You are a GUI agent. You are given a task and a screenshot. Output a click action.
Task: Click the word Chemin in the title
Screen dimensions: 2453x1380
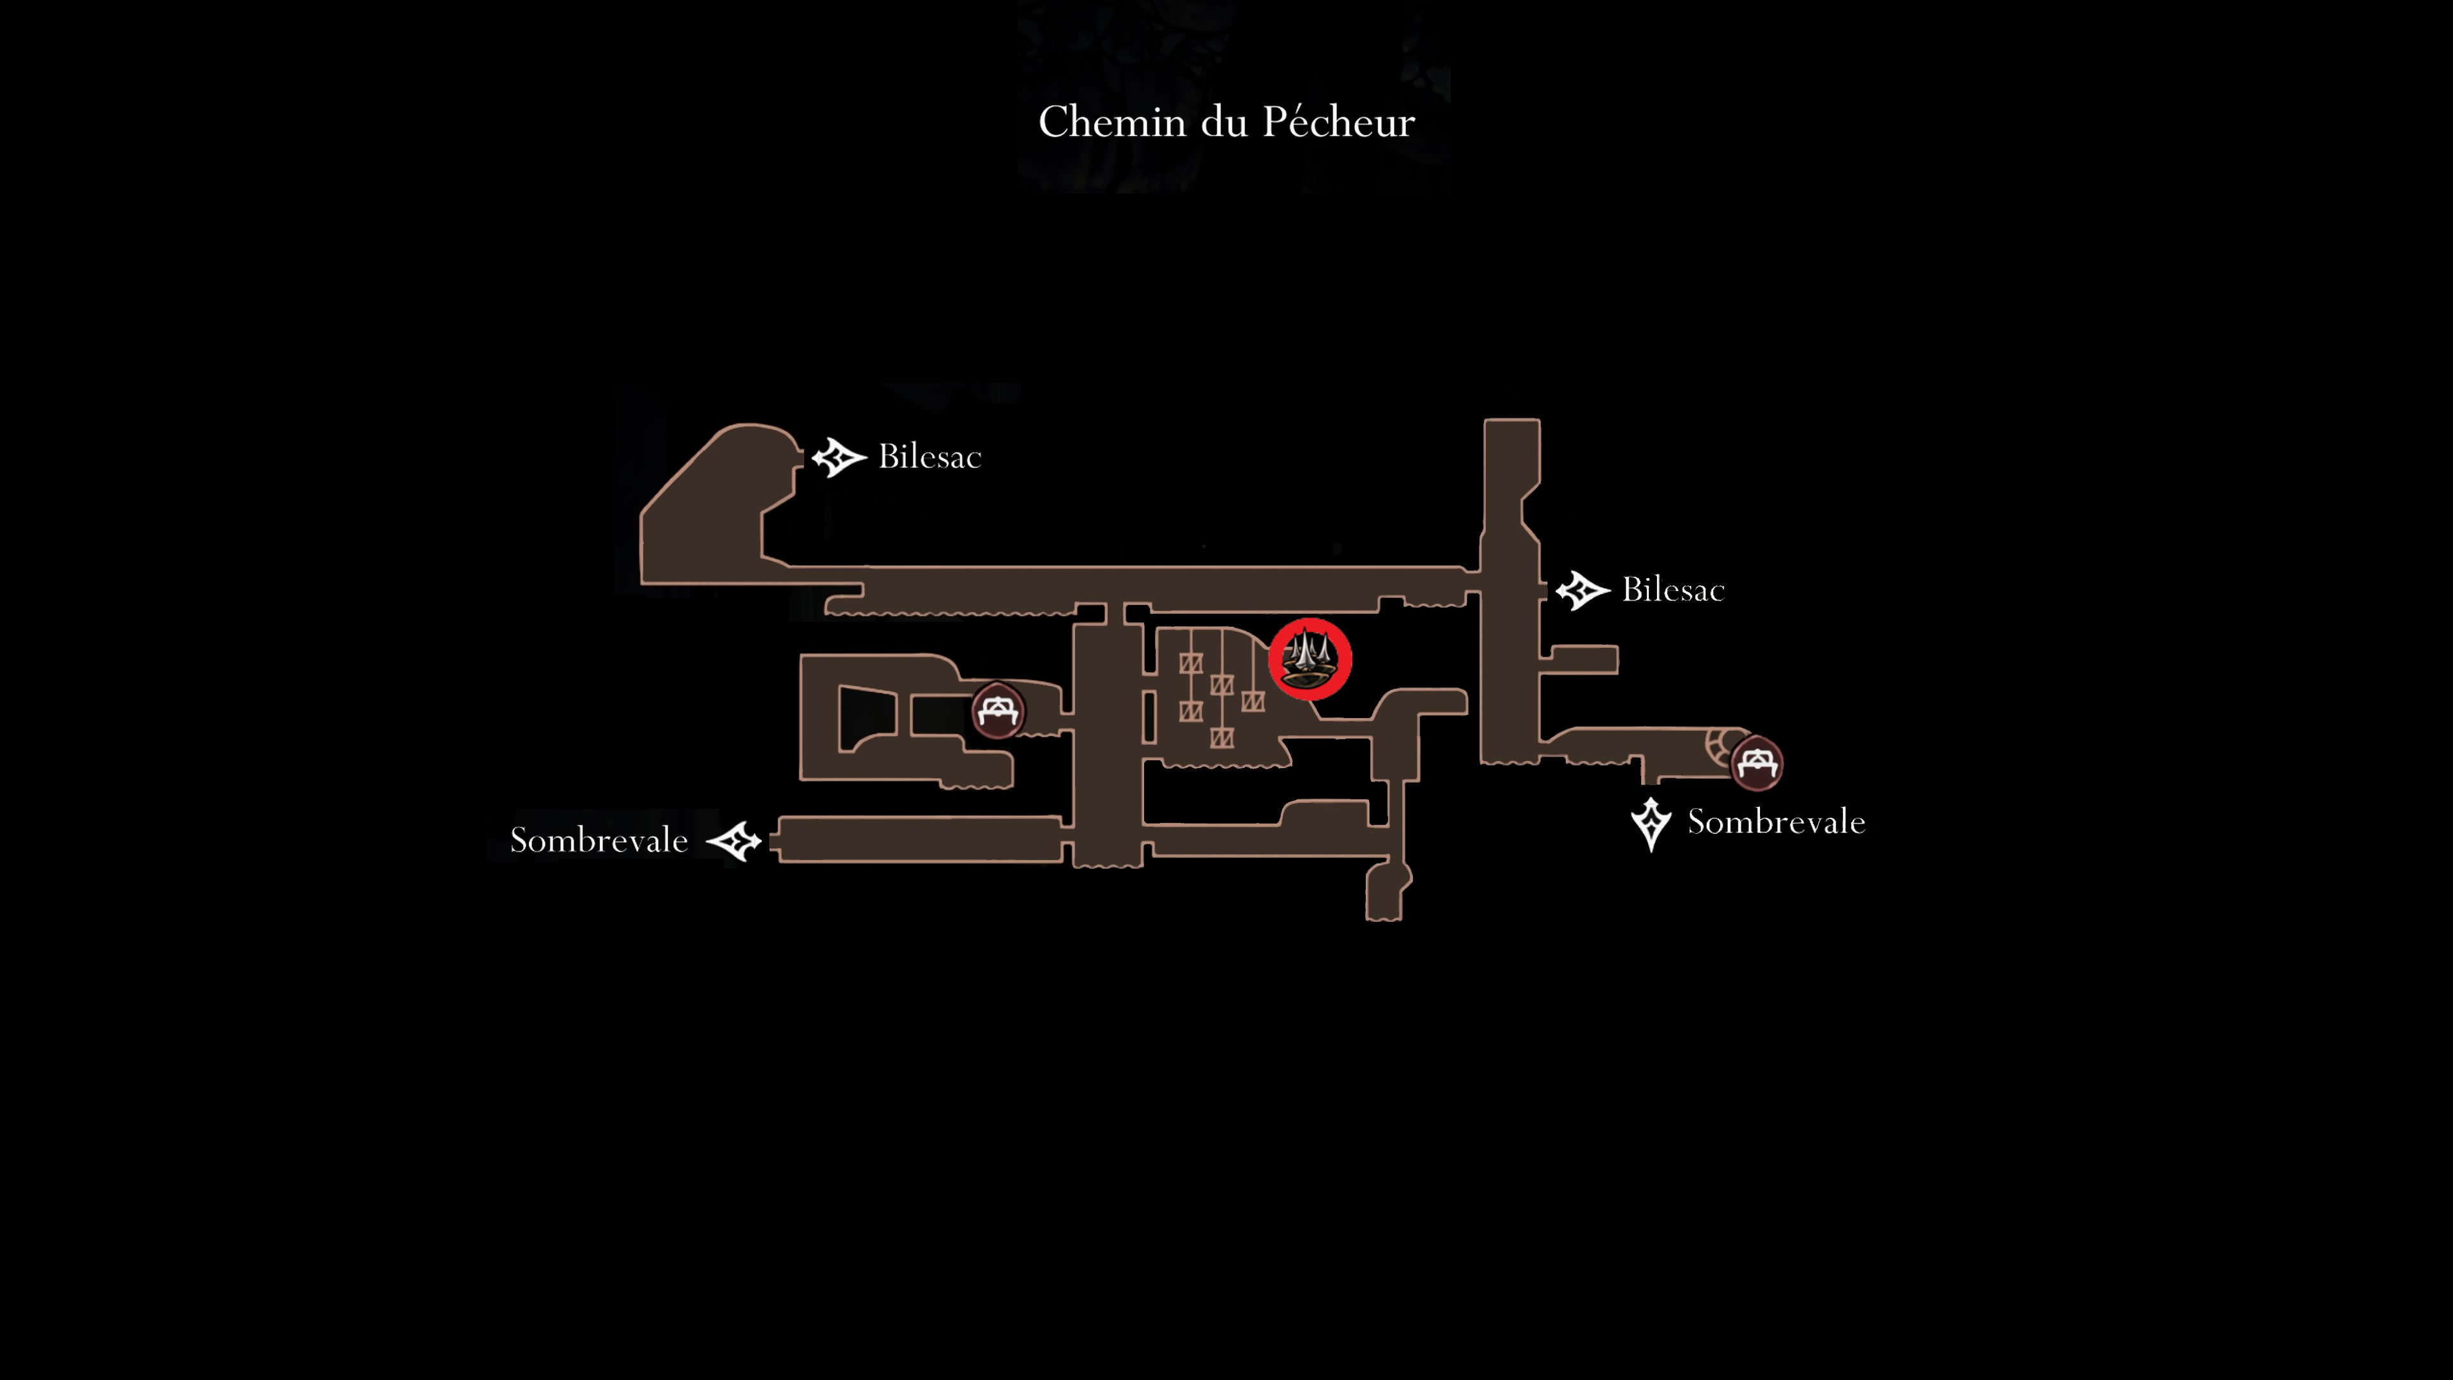[1112, 122]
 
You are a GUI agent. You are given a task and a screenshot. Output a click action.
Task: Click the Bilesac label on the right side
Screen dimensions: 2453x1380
[1673, 590]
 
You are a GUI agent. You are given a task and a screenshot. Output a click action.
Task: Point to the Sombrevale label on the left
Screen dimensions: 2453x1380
[599, 840]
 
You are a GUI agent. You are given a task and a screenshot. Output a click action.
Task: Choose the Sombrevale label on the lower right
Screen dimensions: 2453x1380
[1776, 821]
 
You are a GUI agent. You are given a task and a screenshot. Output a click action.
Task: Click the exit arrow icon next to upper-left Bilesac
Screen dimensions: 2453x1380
[838, 457]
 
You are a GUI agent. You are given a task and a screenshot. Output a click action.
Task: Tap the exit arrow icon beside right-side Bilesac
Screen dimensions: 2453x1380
[1582, 590]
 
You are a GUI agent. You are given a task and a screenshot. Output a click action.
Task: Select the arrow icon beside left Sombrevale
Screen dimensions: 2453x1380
[734, 841]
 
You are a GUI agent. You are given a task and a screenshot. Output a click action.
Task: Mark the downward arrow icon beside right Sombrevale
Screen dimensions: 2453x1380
[1650, 824]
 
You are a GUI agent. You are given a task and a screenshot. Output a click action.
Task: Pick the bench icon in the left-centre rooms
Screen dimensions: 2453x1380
[997, 710]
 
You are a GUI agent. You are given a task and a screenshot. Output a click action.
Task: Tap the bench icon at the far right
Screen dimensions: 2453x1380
[1756, 763]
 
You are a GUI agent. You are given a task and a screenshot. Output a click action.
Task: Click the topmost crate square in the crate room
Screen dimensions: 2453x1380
[1190, 663]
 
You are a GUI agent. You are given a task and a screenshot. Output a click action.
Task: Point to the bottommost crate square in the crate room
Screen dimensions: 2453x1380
[1222, 737]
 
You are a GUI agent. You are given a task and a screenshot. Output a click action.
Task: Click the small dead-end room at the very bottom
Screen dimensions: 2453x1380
[1386, 891]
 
